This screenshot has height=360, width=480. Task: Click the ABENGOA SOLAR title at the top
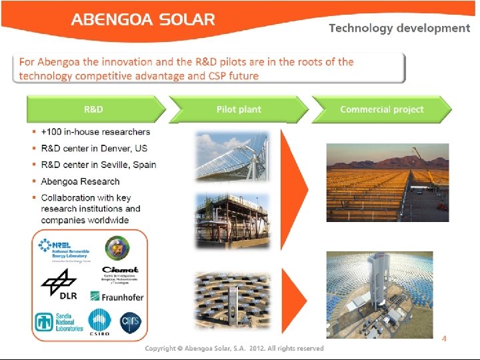coord(143,19)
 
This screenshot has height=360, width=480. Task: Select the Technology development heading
coord(399,28)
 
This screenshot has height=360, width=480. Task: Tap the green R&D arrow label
coord(93,109)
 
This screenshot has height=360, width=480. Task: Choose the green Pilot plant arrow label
coord(239,109)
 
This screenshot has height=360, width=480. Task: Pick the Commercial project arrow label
coord(381,109)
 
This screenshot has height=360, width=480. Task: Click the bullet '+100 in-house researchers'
coord(95,132)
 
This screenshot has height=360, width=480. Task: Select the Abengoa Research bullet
coord(80,181)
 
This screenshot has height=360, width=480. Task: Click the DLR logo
coord(60,286)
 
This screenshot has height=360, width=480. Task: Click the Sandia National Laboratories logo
coord(59,321)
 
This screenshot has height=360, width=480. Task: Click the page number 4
coord(444,339)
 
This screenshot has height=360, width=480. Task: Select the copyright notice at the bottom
coord(234,349)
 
